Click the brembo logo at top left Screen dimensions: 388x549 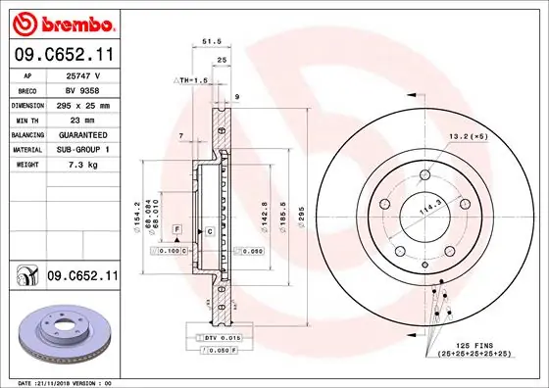(x=62, y=22)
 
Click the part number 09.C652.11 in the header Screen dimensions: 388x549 (x=63, y=56)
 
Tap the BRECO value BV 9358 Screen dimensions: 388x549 (x=84, y=89)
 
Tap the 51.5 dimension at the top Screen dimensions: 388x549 (x=208, y=41)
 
